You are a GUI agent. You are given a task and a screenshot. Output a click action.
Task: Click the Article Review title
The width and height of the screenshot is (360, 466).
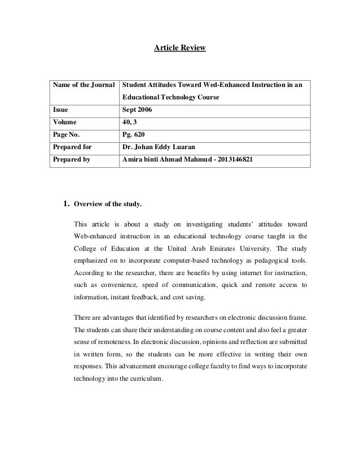(x=180, y=49)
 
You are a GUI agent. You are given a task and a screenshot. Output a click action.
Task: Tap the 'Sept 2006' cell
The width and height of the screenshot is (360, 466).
(x=137, y=110)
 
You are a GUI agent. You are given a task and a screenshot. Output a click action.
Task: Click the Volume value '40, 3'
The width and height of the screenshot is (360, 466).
(x=131, y=122)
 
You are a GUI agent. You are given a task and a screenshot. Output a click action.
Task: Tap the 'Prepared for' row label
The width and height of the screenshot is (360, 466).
(x=72, y=148)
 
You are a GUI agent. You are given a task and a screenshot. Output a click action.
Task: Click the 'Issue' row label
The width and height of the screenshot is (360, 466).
(x=60, y=110)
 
